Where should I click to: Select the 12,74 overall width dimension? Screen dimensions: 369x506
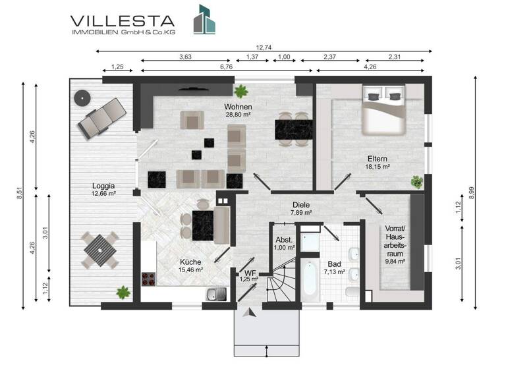pyautogui.click(x=264, y=46)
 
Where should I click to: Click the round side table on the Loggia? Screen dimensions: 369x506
pyautogui.click(x=82, y=98)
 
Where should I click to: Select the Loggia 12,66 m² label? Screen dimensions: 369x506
pyautogui.click(x=104, y=190)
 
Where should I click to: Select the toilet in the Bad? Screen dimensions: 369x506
pyautogui.click(x=351, y=293)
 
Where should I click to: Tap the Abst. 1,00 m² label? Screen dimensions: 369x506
pyautogui.click(x=285, y=243)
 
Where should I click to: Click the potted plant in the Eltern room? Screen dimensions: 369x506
pyautogui.click(x=416, y=181)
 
